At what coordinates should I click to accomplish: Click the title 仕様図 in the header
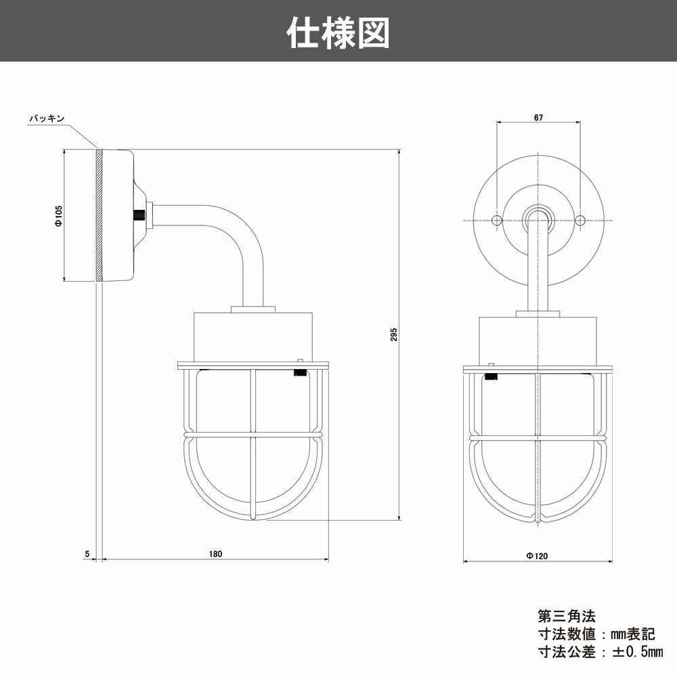click(338, 32)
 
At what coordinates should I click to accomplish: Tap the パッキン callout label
click(46, 118)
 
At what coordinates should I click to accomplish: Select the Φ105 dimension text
click(59, 215)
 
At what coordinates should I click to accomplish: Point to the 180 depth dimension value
click(215, 554)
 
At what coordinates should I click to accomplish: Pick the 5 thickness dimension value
click(87, 554)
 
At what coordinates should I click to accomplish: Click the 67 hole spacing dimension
click(538, 117)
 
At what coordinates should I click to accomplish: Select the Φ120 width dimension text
click(537, 555)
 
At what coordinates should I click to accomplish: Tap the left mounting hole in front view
click(496, 221)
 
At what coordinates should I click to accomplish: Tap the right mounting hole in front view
click(580, 221)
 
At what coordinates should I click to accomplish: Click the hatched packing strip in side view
click(100, 215)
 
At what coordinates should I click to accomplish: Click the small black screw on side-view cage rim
click(299, 372)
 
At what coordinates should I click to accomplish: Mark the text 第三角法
click(566, 617)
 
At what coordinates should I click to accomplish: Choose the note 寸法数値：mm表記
click(596, 634)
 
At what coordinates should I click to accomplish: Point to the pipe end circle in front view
click(538, 217)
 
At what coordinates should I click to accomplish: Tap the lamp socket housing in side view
click(253, 336)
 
